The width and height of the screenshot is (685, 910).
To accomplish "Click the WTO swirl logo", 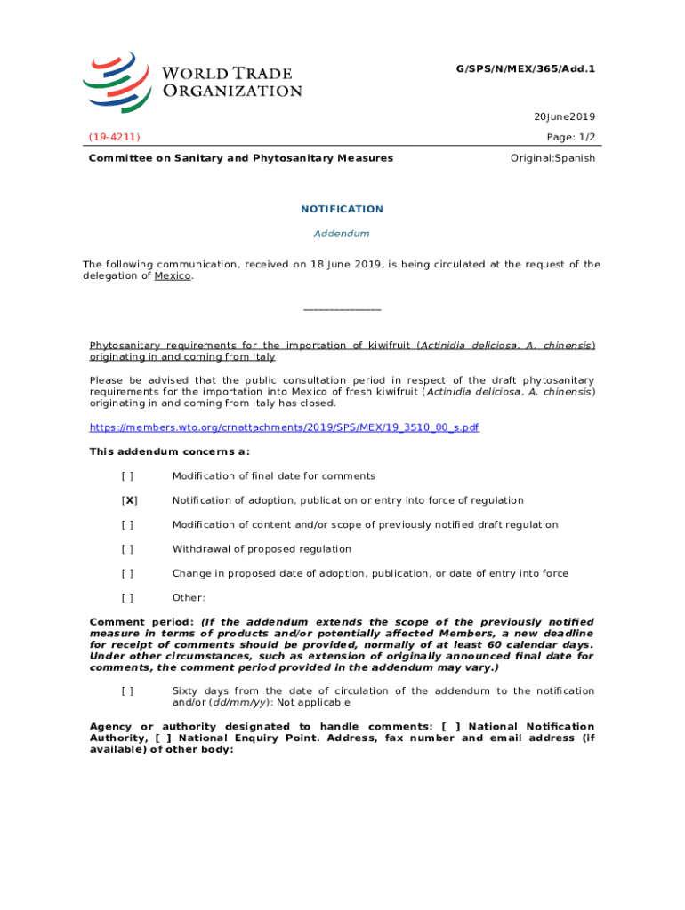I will [115, 82].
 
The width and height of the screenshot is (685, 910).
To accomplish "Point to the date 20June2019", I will [564, 116].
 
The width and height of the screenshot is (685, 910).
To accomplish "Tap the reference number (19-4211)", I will [114, 137].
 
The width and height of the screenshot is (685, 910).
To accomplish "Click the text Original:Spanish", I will [552, 158].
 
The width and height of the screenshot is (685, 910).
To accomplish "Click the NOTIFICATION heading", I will [342, 209].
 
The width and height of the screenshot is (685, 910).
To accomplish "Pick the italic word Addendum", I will [342, 234].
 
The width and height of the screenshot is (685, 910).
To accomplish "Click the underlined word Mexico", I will [173, 276].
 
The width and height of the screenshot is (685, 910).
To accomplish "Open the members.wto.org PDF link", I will [285, 427].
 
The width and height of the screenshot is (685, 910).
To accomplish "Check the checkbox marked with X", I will [129, 500].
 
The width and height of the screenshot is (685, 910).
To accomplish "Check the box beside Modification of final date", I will [129, 476].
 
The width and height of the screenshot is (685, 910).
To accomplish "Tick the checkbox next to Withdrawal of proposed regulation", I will [129, 549].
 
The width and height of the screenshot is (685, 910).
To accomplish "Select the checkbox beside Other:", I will [129, 598].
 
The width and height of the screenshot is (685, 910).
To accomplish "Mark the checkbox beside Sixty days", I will [129, 690].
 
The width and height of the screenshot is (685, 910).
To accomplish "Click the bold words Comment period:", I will [142, 622].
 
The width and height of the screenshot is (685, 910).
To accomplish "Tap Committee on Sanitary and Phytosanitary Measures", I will [240, 158].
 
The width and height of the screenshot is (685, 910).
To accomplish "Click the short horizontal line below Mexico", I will [342, 309].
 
